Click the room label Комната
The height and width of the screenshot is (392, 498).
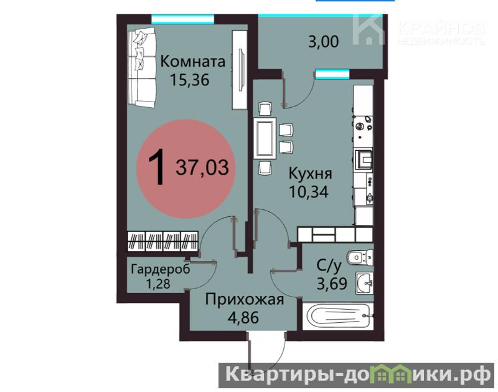(x=193, y=61)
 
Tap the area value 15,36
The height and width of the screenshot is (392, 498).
(x=190, y=80)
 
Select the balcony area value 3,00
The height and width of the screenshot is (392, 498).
(x=324, y=42)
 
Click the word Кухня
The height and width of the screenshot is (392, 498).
(x=310, y=174)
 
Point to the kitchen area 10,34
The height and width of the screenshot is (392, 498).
(x=308, y=192)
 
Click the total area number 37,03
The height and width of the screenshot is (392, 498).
(x=202, y=168)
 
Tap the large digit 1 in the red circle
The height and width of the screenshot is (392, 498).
(x=157, y=167)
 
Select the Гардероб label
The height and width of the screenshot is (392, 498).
(x=161, y=270)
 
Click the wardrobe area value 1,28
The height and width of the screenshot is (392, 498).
(x=158, y=284)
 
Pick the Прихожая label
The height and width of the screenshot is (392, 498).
(x=244, y=300)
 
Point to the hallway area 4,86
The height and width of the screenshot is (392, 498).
(x=243, y=317)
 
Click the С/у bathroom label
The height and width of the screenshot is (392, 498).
(x=329, y=265)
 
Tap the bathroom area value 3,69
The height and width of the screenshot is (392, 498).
(x=332, y=284)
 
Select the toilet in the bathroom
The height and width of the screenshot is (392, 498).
(x=360, y=257)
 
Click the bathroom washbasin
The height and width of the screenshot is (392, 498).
(x=364, y=284)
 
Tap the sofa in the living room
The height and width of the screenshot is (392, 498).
(x=142, y=67)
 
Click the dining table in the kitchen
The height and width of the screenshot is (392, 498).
(x=266, y=138)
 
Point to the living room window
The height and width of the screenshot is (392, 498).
(x=182, y=19)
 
